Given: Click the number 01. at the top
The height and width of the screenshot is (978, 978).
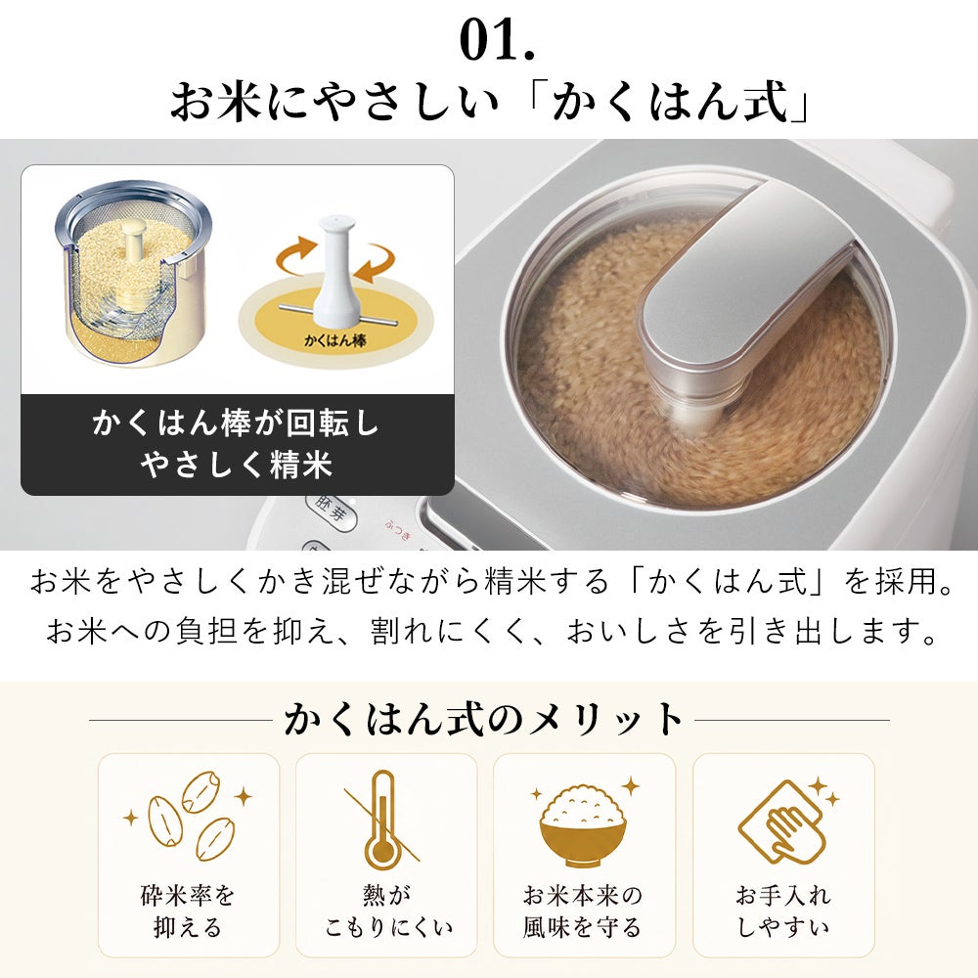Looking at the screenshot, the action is [x=497, y=40].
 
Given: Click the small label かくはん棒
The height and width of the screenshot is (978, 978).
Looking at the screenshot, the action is [x=334, y=340].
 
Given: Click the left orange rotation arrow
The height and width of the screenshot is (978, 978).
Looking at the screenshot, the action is [x=297, y=255].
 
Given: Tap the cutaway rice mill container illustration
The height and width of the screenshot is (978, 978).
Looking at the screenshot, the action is [x=133, y=274].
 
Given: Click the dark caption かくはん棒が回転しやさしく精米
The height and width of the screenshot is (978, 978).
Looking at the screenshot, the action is [x=237, y=444].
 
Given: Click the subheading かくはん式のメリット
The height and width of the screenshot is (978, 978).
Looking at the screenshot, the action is [x=483, y=719].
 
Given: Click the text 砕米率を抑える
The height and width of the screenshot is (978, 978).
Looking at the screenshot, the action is [x=188, y=911].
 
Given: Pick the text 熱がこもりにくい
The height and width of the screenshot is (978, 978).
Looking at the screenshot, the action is [x=386, y=911].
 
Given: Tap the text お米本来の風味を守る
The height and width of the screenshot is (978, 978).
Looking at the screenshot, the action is [x=583, y=911].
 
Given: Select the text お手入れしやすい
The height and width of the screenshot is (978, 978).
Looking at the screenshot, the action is [x=783, y=911].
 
